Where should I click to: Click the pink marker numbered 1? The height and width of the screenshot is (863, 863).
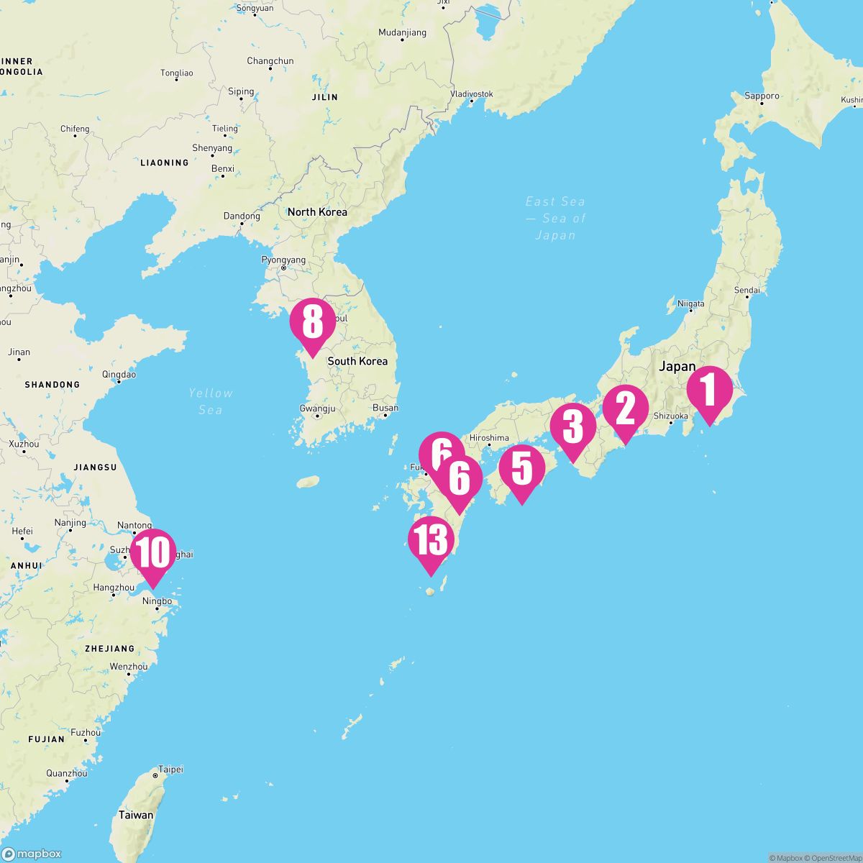pos(710,391)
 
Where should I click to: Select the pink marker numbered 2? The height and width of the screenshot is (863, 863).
pos(625,410)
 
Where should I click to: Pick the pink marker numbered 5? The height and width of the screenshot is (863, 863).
pos(521,469)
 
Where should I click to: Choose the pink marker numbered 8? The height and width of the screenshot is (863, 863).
pos(312,323)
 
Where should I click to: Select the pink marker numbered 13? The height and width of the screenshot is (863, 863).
pos(430,541)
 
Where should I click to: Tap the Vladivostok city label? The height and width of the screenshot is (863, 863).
pos(472,94)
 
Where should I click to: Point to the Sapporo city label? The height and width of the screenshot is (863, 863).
pos(762,96)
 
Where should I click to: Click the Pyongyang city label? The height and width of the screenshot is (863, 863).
pos(283,260)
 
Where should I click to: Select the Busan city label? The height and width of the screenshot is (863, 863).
pos(385,408)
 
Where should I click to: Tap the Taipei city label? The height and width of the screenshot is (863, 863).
pos(170,770)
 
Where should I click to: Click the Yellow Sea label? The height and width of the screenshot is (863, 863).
pos(211,401)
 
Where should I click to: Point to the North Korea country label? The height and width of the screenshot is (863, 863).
pos(317,212)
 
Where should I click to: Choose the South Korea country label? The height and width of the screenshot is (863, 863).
pos(357,361)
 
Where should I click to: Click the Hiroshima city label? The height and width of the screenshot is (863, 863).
pos(489,437)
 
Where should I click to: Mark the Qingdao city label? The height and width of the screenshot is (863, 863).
pos(119,374)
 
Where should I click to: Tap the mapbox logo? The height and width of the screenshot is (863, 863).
pos(32,854)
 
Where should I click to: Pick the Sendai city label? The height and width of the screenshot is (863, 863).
pos(747,291)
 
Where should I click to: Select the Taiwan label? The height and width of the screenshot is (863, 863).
pos(136,815)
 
